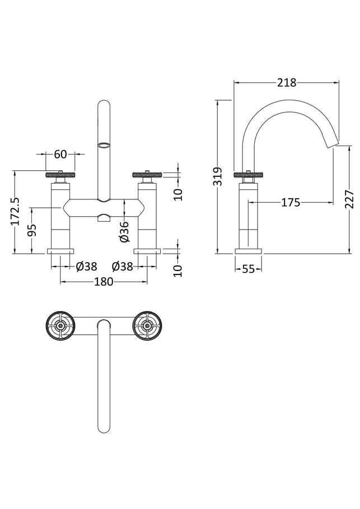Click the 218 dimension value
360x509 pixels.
click(x=287, y=83)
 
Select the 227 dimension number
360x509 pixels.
click(x=349, y=199)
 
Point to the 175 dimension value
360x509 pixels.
click(x=291, y=203)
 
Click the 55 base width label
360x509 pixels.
click(x=249, y=269)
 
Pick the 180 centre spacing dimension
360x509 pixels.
click(x=104, y=282)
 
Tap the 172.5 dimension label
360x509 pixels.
click(x=16, y=211)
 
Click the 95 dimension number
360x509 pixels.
click(x=32, y=230)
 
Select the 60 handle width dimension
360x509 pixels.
click(x=60, y=154)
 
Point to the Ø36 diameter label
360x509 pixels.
click(x=125, y=231)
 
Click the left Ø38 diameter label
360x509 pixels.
click(x=86, y=267)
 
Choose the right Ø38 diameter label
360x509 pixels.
click(x=123, y=267)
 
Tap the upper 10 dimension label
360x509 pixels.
click(x=178, y=194)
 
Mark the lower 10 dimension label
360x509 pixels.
click(x=178, y=270)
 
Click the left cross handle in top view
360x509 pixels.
click(x=60, y=326)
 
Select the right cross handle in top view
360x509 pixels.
click(x=147, y=326)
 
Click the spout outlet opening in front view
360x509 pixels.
click(x=104, y=146)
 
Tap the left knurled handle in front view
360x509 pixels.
click(x=60, y=175)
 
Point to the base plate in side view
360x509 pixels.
click(x=249, y=251)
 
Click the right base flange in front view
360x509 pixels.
click(x=147, y=251)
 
